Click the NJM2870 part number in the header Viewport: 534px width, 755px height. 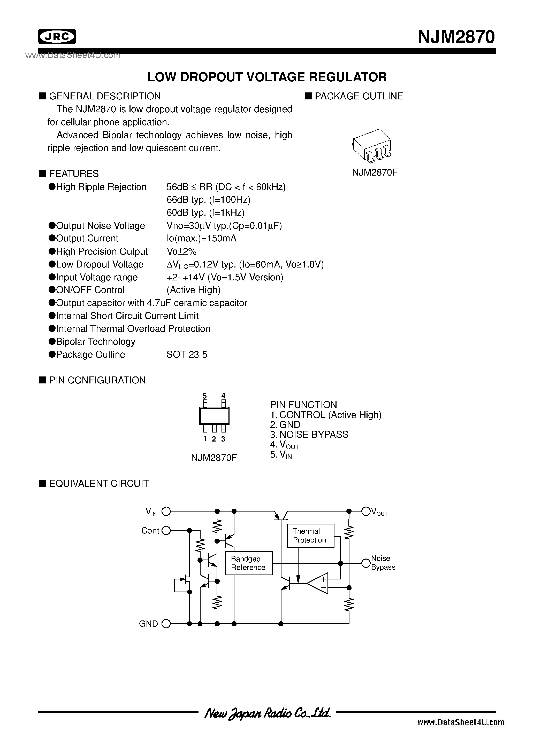(x=456, y=37)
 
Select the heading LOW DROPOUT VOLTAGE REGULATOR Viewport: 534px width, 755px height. (x=267, y=77)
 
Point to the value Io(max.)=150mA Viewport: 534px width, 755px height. (x=202, y=238)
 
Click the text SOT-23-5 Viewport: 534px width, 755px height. (x=187, y=355)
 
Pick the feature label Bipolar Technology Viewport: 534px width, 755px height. (x=95, y=342)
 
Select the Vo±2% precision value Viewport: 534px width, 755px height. (x=181, y=251)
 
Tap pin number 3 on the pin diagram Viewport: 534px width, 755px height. (x=223, y=439)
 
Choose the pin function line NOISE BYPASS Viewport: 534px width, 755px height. (x=309, y=434)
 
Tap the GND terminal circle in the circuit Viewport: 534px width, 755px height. (x=167, y=624)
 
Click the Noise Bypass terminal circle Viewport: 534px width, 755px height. (x=366, y=563)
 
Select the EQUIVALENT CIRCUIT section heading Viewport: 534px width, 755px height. (x=98, y=483)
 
